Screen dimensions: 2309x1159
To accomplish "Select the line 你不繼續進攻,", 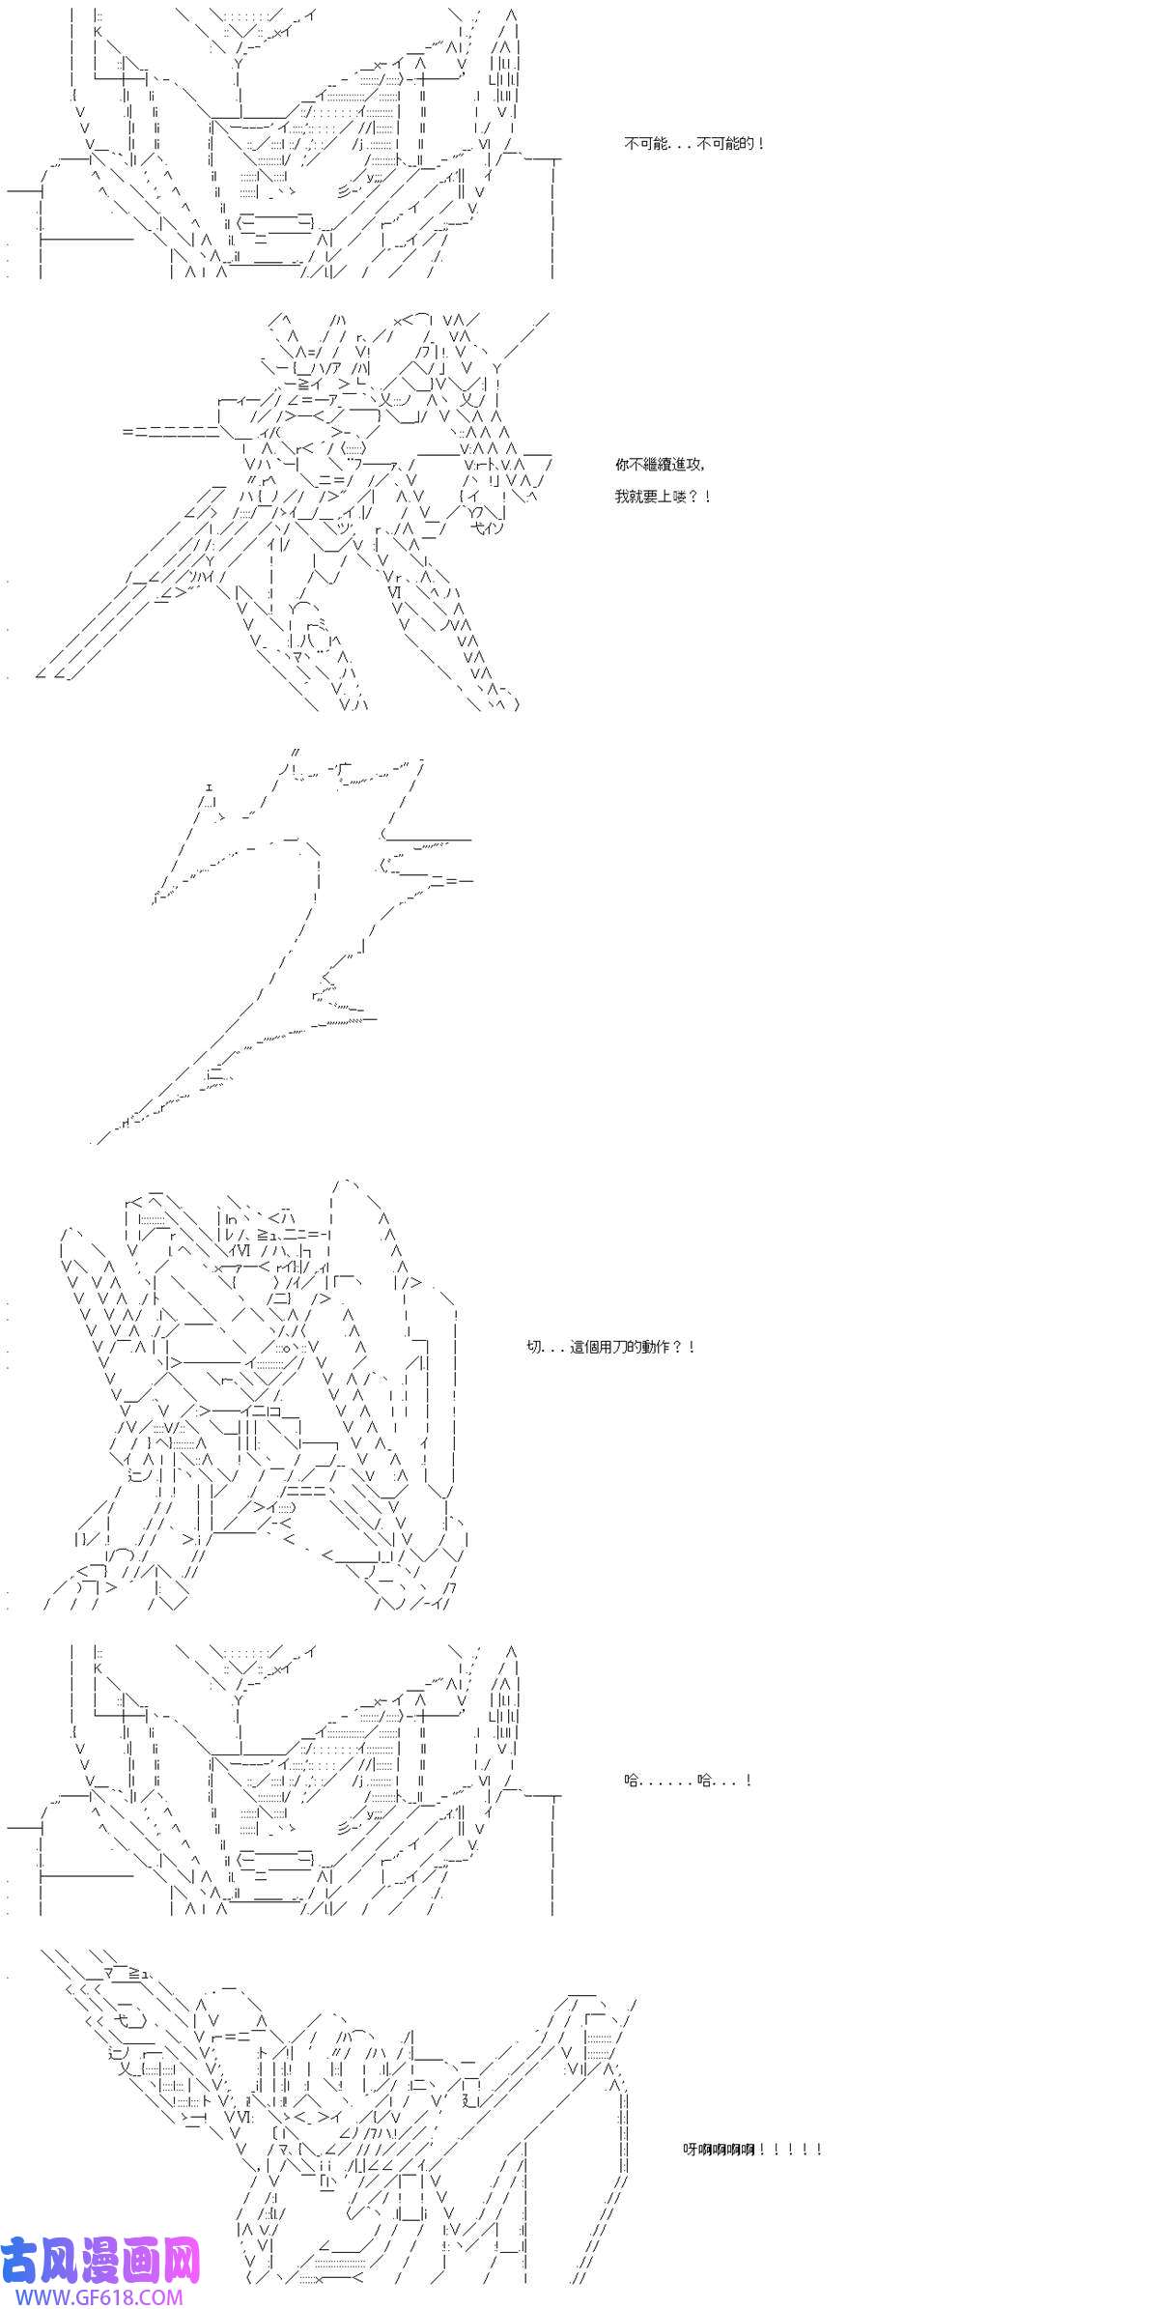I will tap(660, 465).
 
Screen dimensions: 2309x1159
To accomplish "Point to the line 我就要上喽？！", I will tap(663, 497).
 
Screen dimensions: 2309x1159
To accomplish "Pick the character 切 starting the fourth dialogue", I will tap(534, 1347).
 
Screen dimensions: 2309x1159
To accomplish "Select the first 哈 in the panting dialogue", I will tap(632, 1781).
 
